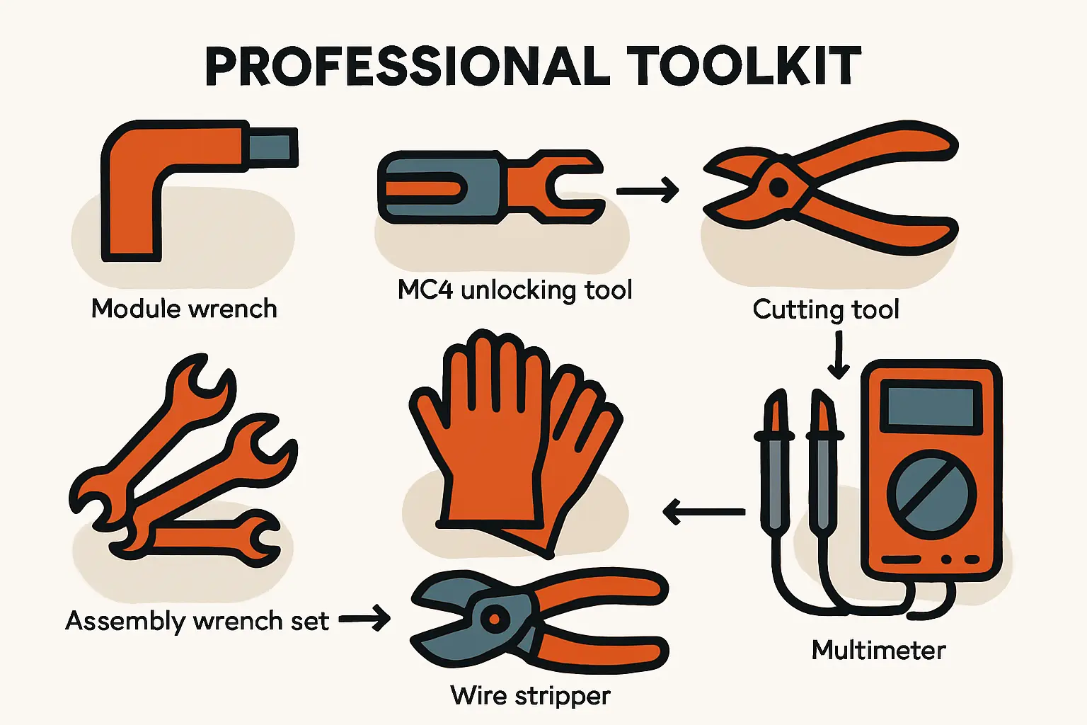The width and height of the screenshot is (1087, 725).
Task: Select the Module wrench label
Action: (184, 309)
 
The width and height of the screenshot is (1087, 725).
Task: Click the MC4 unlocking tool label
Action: (515, 290)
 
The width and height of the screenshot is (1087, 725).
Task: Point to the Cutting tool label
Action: (826, 309)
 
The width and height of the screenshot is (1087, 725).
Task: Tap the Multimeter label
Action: (879, 650)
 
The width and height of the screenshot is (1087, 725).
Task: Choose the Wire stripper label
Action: (530, 696)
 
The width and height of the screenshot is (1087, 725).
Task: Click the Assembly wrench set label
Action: (197, 621)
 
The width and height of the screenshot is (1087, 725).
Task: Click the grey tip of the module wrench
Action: (272, 147)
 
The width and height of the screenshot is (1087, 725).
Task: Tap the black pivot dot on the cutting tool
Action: (779, 188)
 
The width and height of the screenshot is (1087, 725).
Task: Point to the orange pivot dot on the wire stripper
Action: (495, 619)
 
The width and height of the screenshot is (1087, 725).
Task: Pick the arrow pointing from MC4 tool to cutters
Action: (648, 190)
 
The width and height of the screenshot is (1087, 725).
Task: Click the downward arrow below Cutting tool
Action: (839, 355)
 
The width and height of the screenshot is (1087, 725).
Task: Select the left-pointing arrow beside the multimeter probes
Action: (703, 511)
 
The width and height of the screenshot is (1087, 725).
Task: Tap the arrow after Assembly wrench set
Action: (364, 619)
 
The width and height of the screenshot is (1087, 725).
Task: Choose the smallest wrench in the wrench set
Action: (204, 539)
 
